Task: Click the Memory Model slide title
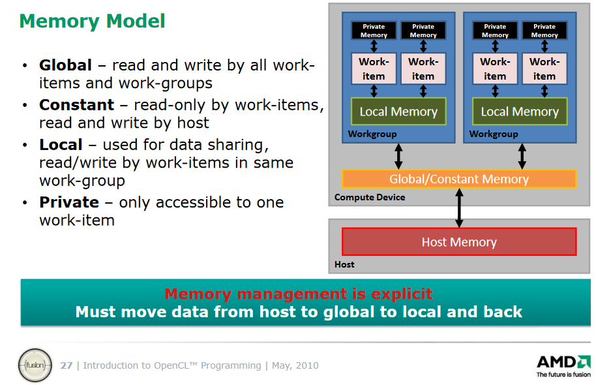[x=93, y=22]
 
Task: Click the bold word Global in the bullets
[x=65, y=65]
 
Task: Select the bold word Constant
[x=76, y=104]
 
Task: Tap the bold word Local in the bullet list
[x=61, y=145]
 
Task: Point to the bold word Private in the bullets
[x=69, y=202]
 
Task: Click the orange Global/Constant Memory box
[x=459, y=179]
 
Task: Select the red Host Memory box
[x=459, y=241]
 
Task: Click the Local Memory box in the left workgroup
[x=398, y=112]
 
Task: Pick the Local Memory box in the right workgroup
[x=520, y=112]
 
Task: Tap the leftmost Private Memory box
[x=374, y=31]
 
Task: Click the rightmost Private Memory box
[x=544, y=31]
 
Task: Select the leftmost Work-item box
[x=374, y=69]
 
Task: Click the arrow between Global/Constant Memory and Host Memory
[x=459, y=208]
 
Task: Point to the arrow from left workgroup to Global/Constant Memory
[x=398, y=157]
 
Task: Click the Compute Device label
[x=370, y=197]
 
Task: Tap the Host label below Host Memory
[x=344, y=264]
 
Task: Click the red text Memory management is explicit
[x=299, y=294]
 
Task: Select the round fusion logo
[x=35, y=365]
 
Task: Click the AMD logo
[x=563, y=366]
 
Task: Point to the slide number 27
[x=66, y=365]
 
